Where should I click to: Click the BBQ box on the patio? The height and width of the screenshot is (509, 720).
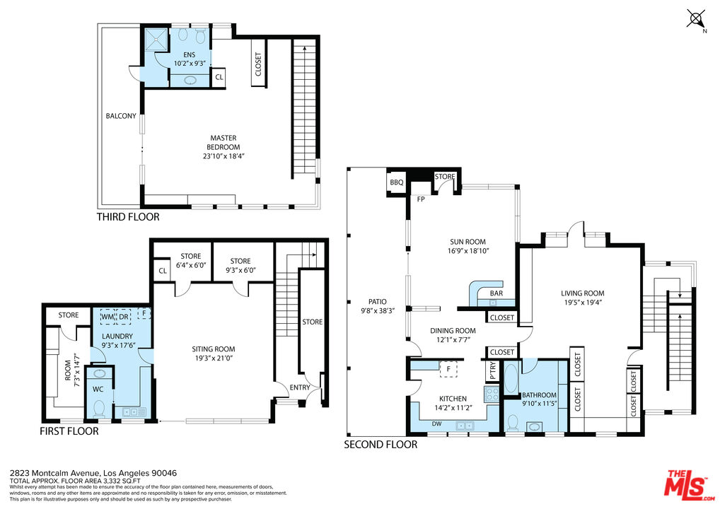396,182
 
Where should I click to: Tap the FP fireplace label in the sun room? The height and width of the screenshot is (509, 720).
421,199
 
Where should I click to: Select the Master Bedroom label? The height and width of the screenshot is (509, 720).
223,142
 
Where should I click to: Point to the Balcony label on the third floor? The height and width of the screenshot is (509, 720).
121,116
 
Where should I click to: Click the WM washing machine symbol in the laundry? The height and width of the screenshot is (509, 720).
108,317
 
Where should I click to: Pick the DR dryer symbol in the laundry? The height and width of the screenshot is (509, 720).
124,317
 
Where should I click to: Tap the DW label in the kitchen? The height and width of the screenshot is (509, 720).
436,423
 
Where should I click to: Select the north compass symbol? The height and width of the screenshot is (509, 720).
697,20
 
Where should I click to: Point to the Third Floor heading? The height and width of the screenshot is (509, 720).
128,216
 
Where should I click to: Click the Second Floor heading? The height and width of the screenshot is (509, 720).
381,444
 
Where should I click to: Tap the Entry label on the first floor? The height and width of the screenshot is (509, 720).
300,387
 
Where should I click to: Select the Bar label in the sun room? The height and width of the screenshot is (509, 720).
497,293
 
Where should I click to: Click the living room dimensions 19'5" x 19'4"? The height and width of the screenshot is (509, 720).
583,303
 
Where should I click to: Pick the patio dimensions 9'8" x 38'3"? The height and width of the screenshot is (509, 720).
378,310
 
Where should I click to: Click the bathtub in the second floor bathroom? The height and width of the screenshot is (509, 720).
511,378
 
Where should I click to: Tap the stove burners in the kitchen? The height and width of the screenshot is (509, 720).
492,394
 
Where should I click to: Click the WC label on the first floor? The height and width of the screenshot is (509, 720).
98,390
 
